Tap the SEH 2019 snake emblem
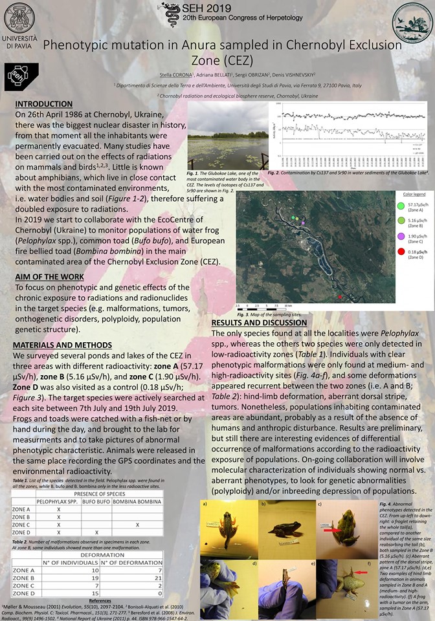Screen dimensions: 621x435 172,10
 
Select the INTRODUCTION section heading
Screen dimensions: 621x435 43,104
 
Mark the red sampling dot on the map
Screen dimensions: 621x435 322,297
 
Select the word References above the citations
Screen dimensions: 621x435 100,601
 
